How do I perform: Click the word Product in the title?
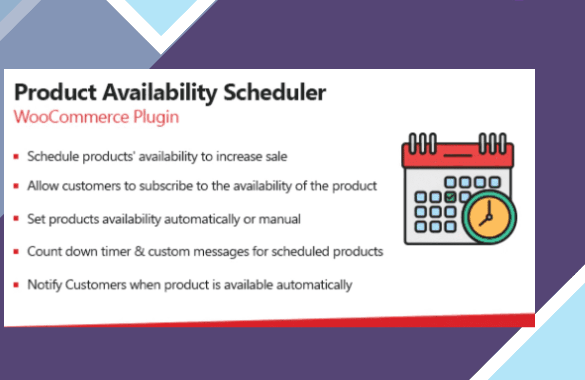(55, 92)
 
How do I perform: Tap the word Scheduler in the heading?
(275, 92)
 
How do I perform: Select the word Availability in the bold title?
(160, 94)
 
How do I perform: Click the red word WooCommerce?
(71, 116)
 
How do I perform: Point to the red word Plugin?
(156, 117)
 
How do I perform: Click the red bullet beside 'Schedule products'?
(16, 156)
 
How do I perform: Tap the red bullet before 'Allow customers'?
(16, 186)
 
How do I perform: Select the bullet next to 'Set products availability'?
(16, 218)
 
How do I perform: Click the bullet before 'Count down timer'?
(16, 251)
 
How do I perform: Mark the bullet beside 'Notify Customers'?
(16, 285)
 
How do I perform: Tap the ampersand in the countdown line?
(139, 251)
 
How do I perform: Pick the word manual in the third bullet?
(280, 219)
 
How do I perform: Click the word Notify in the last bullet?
(44, 285)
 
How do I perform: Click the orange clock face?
(489, 217)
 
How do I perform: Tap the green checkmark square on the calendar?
(450, 197)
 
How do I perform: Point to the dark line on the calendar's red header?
(458, 155)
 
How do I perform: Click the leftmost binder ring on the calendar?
(412, 143)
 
